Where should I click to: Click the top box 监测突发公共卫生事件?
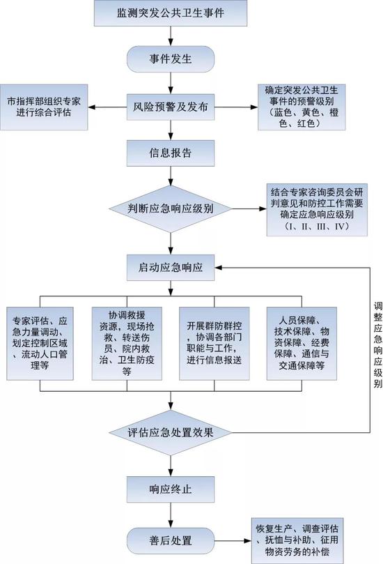tap(171, 13)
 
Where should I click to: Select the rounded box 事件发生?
tap(171, 59)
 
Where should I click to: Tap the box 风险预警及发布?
tap(171, 107)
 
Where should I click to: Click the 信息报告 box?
tap(171, 153)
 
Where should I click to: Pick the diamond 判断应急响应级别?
tap(171, 208)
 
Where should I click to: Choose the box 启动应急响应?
tap(171, 268)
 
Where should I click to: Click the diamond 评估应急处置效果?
tap(171, 432)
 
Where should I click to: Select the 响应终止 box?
tap(171, 489)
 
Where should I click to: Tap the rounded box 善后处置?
tap(171, 540)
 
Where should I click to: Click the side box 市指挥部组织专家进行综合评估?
tap(44, 107)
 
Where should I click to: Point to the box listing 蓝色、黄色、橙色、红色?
tap(302, 107)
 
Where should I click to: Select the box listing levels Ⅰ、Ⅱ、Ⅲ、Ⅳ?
tap(317, 210)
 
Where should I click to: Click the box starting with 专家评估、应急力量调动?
tap(40, 344)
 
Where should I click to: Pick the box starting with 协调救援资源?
tap(127, 344)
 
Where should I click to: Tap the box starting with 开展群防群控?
tap(214, 344)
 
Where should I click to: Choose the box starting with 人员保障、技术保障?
tap(302, 344)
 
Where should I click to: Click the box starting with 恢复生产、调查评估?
tap(297, 540)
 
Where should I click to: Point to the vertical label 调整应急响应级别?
tap(377, 345)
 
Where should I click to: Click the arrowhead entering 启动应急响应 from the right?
tap(219, 268)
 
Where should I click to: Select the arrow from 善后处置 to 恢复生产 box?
tap(233, 540)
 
